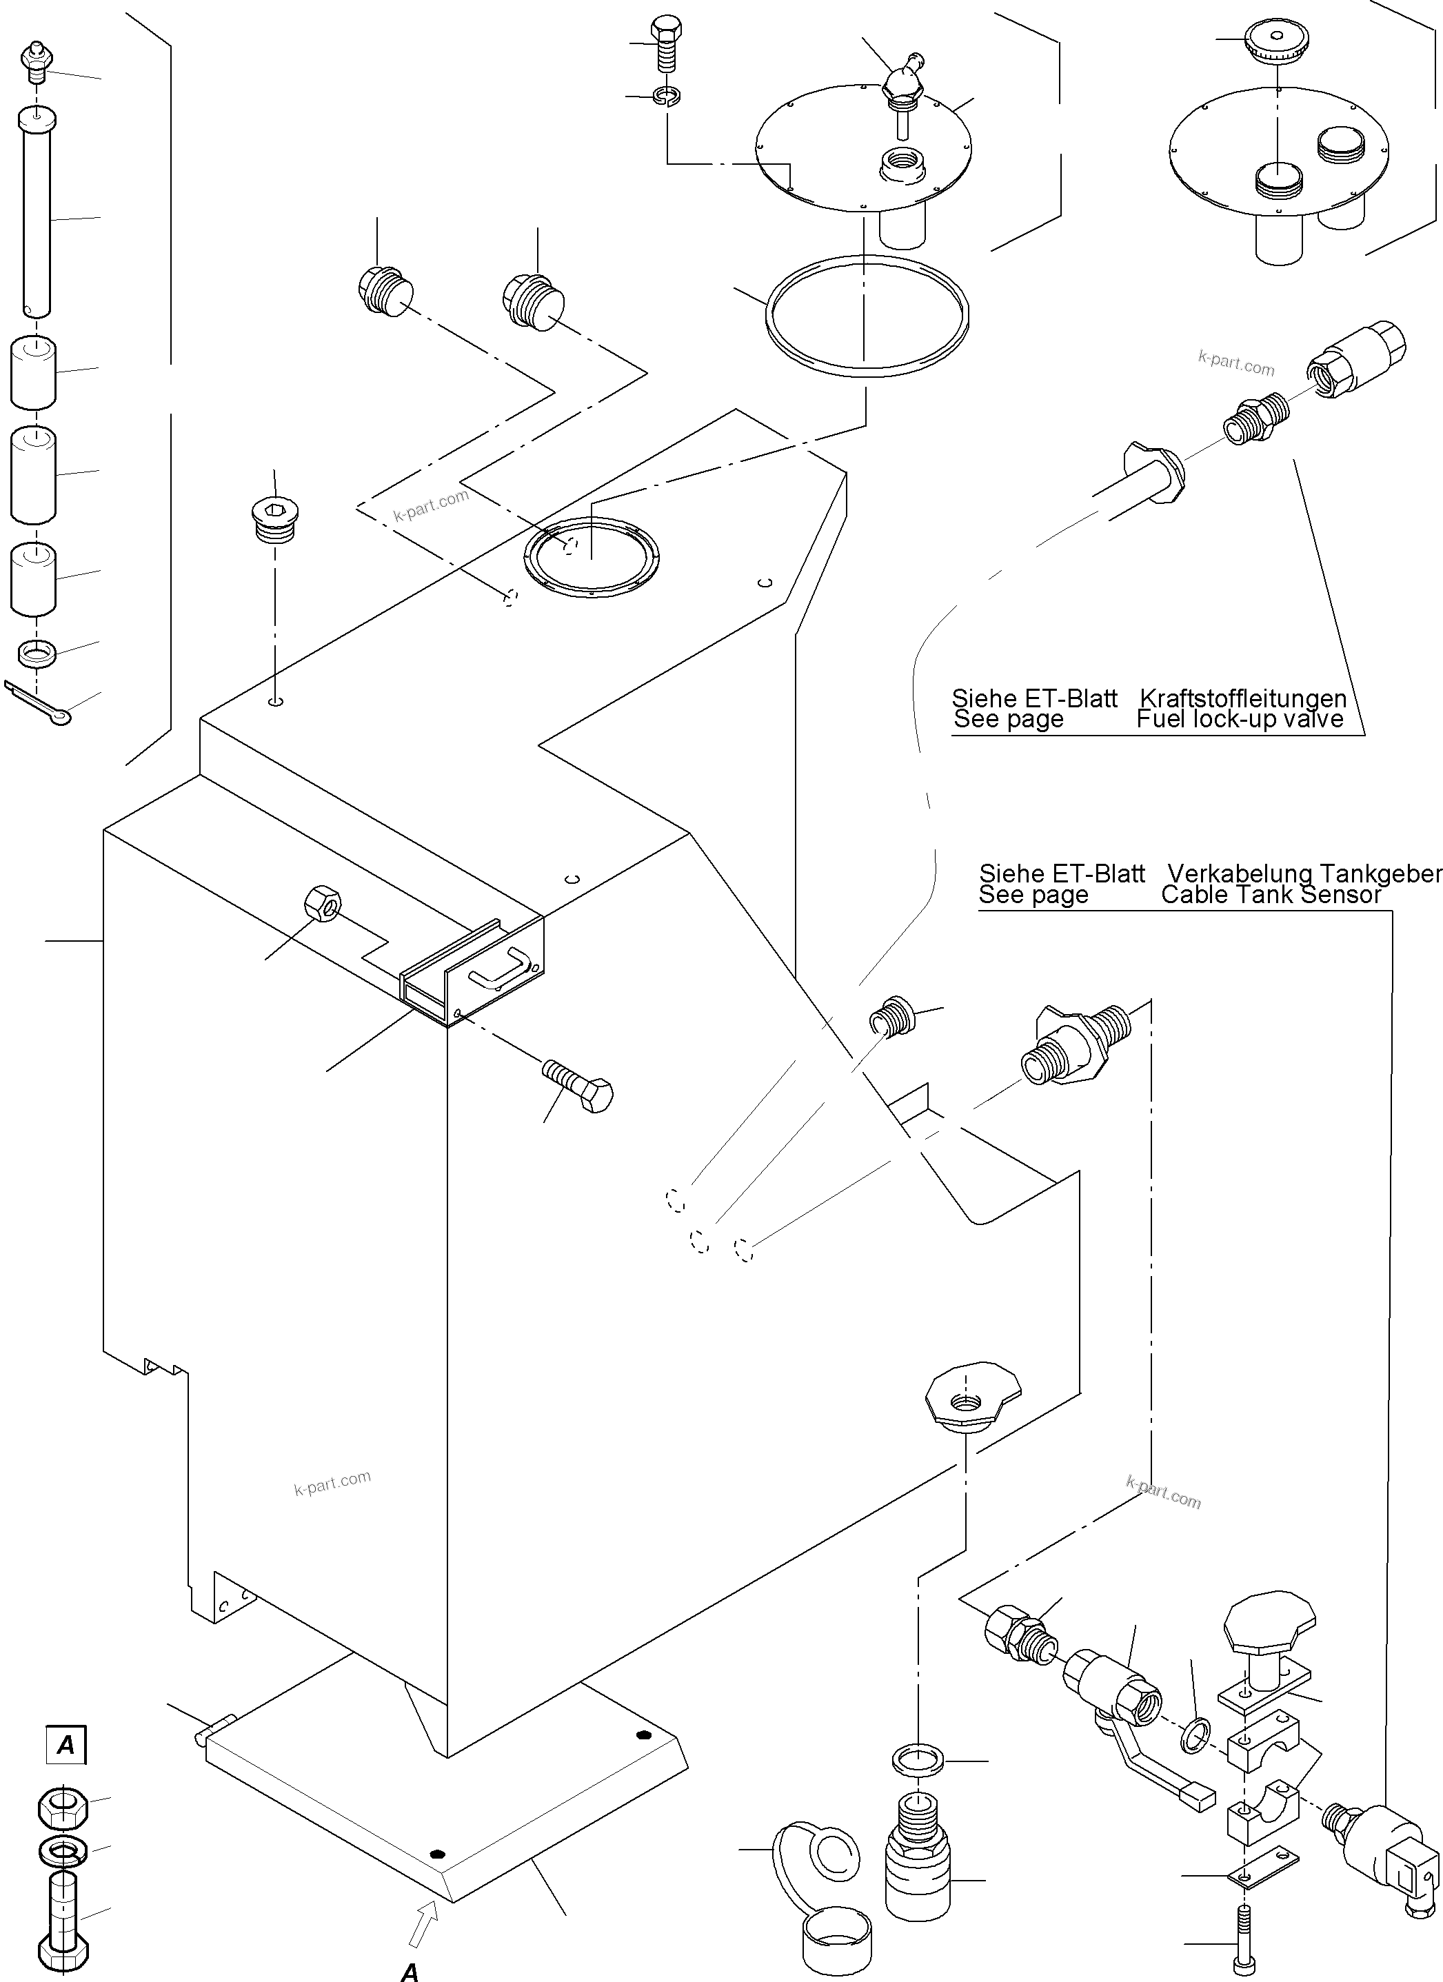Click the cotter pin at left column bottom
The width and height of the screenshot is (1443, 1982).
(39, 703)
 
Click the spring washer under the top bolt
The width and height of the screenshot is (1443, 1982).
(667, 94)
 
